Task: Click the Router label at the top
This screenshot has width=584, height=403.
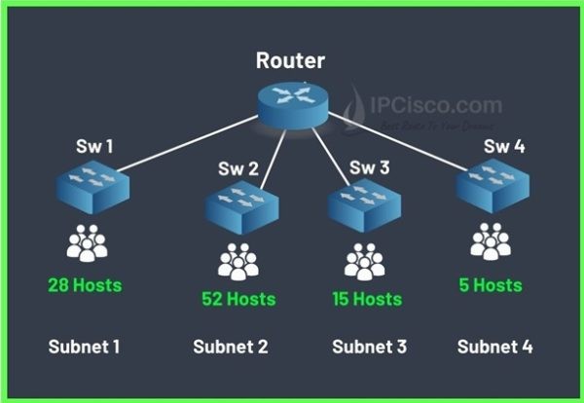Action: coord(290,60)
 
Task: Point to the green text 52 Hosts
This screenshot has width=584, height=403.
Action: coord(238,299)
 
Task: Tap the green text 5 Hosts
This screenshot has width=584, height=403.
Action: coord(491,285)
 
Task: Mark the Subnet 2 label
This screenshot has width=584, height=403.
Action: coord(231,347)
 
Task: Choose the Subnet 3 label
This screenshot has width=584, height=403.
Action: coord(369,347)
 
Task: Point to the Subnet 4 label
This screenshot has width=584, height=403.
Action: coord(495,347)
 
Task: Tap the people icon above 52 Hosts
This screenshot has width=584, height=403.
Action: coord(237,260)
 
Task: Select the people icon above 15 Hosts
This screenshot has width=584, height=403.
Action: coord(364,260)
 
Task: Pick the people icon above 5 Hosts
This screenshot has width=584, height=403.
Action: coord(491,244)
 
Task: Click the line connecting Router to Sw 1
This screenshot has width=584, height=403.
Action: coord(185,143)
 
